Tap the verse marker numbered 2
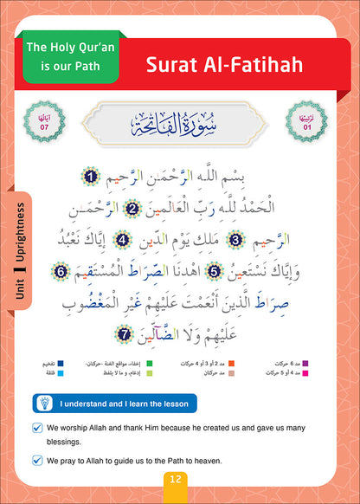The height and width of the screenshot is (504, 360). [x=132, y=208]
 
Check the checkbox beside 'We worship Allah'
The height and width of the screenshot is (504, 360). [x=36, y=427]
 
